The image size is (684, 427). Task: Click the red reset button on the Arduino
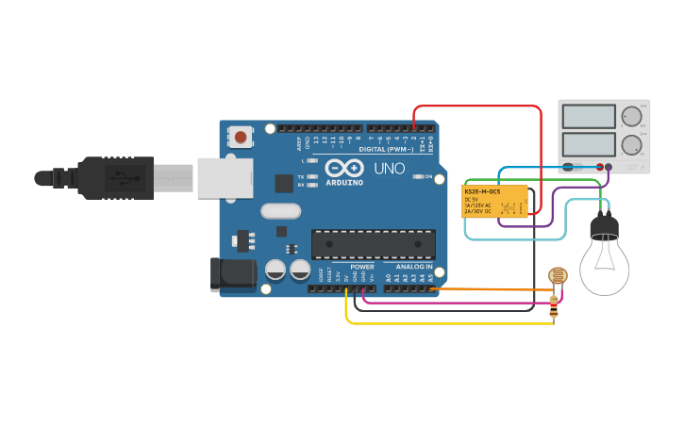[x=242, y=138]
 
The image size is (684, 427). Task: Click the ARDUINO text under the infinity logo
[x=343, y=182]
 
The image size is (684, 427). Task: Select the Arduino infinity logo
[x=342, y=168]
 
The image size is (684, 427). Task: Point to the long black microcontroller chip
[x=374, y=244]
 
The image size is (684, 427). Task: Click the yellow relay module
[x=494, y=201]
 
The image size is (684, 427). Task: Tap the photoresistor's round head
[x=558, y=276]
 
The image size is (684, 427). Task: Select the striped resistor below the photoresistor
[x=554, y=305]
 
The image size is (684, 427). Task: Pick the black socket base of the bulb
[x=603, y=227]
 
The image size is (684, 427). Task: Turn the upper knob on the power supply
[x=630, y=116]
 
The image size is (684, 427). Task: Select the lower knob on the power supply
[x=630, y=145]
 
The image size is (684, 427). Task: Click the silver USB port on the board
[x=225, y=177]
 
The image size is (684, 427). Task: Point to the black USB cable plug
[x=113, y=177]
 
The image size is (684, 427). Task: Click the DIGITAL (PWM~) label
[x=386, y=149]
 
